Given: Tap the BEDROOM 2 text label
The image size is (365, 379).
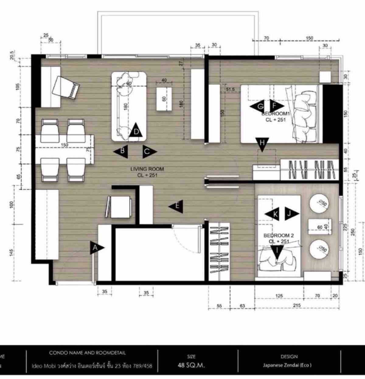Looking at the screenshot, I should tap(276, 235).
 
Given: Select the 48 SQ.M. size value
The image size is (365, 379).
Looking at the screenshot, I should tap(191, 365).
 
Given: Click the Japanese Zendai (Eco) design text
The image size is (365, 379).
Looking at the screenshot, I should tap(289, 365).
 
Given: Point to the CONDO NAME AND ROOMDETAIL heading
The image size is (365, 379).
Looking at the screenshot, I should tap(87, 353).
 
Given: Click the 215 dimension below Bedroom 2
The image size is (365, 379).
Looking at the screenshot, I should tap(297, 305).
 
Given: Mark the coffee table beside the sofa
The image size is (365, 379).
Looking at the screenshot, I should tap(164, 99).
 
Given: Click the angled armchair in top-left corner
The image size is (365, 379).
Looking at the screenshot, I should tap(65, 87).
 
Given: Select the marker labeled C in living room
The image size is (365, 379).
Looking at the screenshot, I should tap(148, 151).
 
